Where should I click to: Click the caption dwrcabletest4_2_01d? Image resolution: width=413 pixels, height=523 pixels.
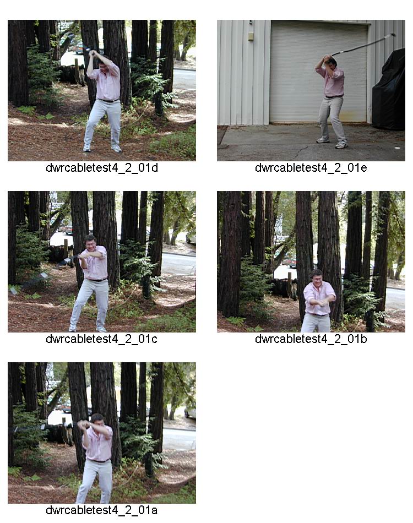tap(102, 168)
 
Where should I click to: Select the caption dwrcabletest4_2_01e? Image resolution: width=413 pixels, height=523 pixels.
tap(311, 168)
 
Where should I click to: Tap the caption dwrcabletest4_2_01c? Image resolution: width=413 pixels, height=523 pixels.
tap(101, 339)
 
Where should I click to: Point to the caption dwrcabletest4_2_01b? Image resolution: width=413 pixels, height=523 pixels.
tap(311, 339)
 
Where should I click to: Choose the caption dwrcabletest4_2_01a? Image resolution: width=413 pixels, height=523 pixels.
tap(102, 510)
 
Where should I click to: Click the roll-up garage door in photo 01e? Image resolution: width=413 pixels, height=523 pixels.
tap(319, 72)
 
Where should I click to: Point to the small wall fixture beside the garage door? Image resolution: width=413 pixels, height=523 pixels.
tap(251, 36)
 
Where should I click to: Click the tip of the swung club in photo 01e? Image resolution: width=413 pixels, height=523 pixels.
tap(393, 34)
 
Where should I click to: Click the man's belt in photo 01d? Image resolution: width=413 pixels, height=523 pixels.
tap(108, 100)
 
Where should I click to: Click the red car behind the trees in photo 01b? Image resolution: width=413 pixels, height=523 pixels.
tap(291, 263)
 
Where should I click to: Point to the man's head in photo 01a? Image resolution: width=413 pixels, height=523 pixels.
tap(97, 420)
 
